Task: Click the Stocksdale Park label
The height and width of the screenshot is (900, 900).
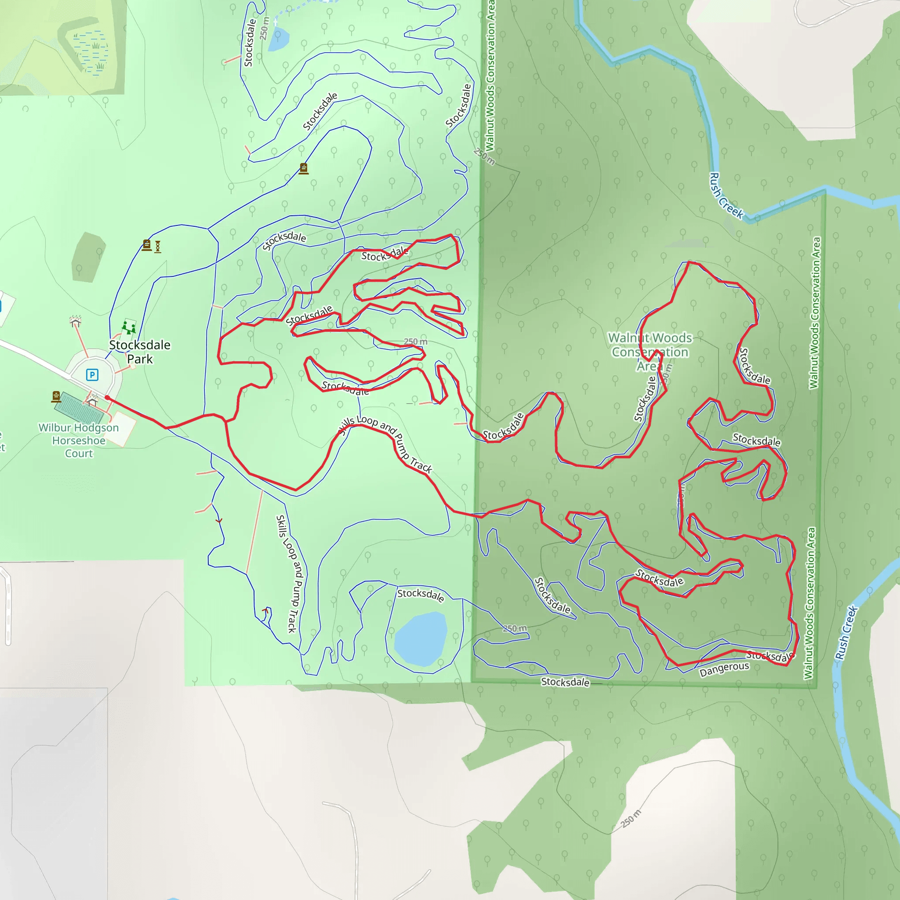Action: tap(140, 352)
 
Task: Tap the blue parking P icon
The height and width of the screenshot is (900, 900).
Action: tap(92, 374)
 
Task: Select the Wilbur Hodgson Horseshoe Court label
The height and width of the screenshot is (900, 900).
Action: tap(79, 440)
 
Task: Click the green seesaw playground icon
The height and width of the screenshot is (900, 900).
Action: tap(129, 327)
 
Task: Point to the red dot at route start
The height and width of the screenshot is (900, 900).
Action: tap(107, 397)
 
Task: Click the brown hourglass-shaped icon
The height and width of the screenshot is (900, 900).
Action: tap(158, 247)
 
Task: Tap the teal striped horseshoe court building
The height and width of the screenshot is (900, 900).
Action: tap(78, 409)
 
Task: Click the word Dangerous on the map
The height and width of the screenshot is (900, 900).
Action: tap(724, 669)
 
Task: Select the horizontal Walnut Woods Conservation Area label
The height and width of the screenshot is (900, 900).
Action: tap(650, 351)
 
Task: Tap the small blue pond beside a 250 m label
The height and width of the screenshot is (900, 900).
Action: tap(279, 39)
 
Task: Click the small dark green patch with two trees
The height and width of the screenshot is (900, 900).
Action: tap(88, 257)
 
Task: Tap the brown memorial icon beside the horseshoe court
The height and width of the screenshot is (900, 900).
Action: tap(56, 396)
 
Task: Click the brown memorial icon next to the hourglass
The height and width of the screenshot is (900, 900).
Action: tap(147, 245)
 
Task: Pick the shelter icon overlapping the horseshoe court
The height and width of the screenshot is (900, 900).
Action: tap(92, 400)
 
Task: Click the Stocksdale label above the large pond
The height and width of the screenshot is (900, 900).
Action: tap(420, 595)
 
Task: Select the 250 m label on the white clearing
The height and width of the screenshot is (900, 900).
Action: tap(631, 818)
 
